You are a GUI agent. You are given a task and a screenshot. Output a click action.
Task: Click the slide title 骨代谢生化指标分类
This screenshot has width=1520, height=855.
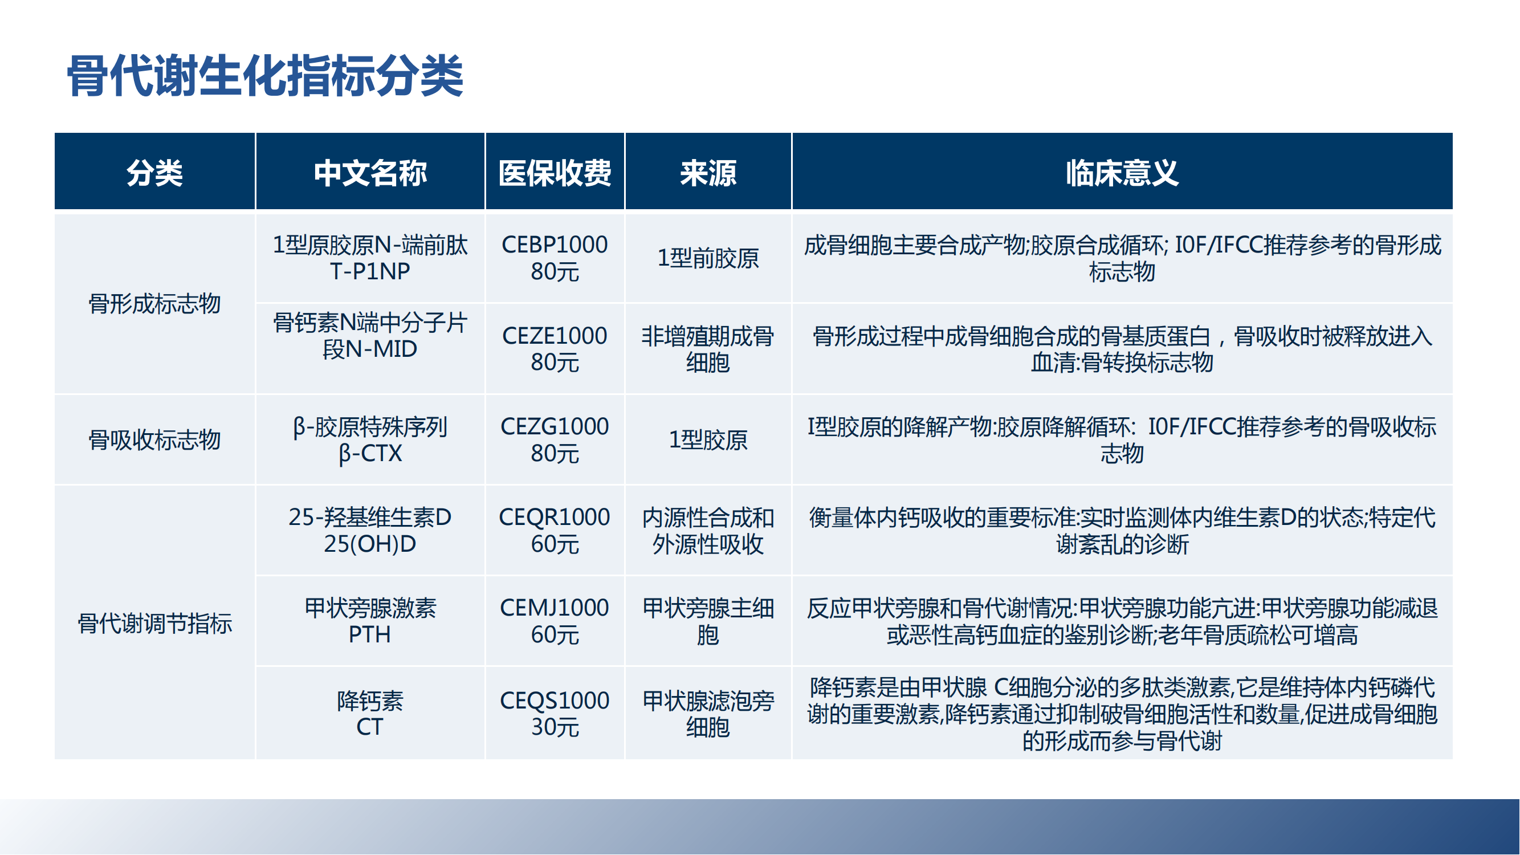pos(265,76)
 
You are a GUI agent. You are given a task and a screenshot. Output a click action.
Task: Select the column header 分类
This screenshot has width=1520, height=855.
pos(154,173)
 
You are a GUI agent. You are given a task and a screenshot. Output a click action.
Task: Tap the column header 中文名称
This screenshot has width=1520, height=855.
pos(370,173)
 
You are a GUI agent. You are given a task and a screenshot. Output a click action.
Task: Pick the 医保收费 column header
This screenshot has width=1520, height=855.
pos(555,173)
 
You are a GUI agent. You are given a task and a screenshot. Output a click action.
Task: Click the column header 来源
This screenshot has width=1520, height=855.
pos(708,173)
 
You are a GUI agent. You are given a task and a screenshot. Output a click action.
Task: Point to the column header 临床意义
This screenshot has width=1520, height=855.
pos(1122,173)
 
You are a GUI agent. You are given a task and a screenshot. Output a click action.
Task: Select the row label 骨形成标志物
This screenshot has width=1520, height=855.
pos(154,304)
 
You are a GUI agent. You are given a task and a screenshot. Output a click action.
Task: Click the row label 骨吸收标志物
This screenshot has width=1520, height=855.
pos(154,439)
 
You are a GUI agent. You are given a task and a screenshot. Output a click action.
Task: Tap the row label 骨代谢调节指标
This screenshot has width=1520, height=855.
pos(154,623)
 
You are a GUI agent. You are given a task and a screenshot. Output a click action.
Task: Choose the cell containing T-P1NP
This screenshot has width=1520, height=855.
pos(370,258)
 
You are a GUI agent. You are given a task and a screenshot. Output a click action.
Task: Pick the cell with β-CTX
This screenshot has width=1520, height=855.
pos(370,439)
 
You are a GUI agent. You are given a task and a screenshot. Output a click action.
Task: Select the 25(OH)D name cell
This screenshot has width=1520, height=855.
pos(370,531)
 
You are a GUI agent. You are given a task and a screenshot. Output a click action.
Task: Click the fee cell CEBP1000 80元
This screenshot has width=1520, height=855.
pos(555,258)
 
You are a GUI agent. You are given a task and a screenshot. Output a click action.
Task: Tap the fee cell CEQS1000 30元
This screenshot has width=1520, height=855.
pos(555,714)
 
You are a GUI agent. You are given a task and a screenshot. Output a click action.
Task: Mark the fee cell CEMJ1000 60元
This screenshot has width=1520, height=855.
pos(555,621)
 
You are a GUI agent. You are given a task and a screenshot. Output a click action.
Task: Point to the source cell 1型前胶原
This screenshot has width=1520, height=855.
pos(708,258)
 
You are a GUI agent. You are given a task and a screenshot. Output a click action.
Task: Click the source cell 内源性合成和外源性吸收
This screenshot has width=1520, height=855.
pos(708,531)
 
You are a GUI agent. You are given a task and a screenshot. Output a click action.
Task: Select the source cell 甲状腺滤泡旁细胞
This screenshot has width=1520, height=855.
pos(708,714)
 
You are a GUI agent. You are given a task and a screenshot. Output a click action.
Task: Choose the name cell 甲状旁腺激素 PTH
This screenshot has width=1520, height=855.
pos(370,621)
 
